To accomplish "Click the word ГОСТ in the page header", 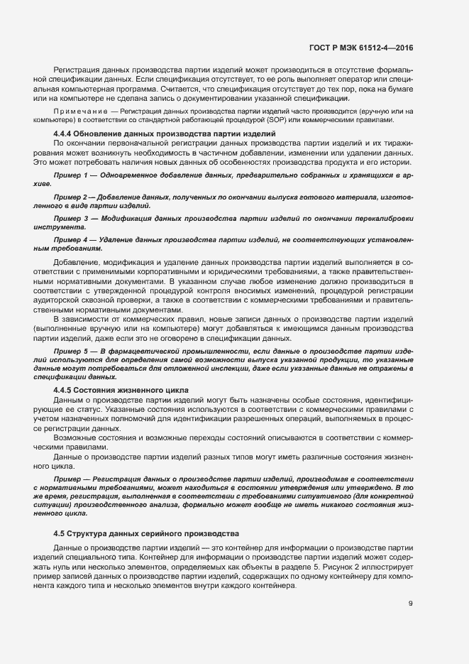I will (x=321, y=47).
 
